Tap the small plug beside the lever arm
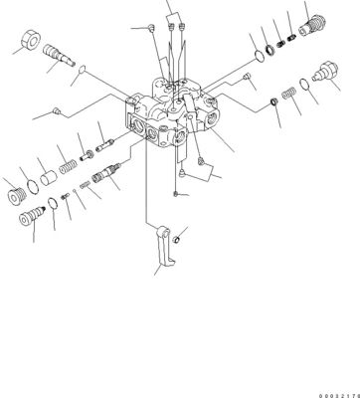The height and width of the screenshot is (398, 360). pos(177,238)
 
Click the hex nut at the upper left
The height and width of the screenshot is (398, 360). pos(26,44)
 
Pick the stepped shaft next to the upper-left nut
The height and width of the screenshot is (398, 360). pos(64,64)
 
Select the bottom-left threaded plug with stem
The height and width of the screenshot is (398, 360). pos(38,213)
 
